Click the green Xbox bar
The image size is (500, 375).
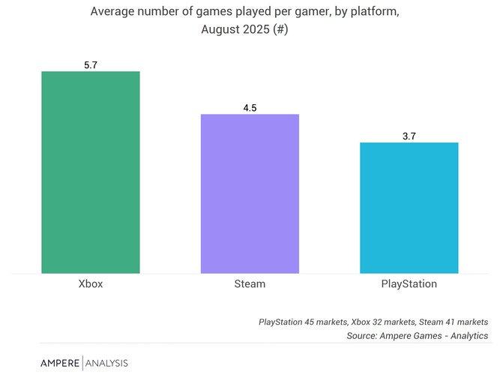point(90,172)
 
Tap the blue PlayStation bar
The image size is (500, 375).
point(409,208)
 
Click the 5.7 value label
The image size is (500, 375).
point(91,65)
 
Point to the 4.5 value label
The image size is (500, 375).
point(250,108)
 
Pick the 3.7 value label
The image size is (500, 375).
point(409,136)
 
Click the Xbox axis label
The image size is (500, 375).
point(91,284)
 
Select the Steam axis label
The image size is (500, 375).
point(250,284)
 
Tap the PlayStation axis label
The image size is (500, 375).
point(409,284)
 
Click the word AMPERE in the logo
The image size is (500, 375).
point(59,363)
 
